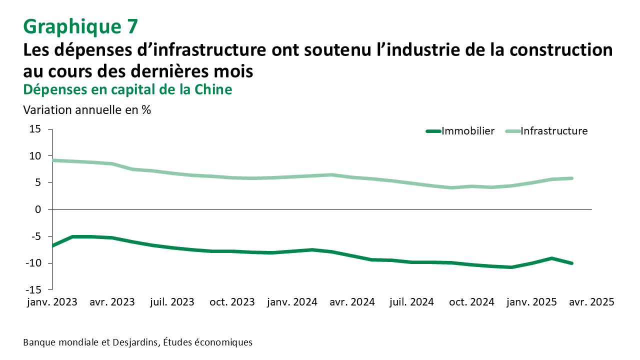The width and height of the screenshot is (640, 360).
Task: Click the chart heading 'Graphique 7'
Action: point(80,26)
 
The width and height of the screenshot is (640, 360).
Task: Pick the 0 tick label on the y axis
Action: point(37,209)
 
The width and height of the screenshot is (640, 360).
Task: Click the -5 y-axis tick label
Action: point(35,236)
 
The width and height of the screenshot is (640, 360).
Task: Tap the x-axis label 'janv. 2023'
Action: point(52,302)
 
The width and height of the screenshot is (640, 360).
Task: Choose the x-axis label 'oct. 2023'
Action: point(232,302)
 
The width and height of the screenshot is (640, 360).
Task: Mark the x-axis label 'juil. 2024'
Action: point(411,302)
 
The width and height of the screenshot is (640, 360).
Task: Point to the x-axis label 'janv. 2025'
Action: point(531,302)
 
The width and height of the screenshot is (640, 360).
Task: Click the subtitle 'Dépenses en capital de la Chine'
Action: point(127,89)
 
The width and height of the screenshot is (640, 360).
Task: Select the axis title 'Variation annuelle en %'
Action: point(87,109)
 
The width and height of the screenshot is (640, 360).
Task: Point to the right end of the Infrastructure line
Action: point(571,178)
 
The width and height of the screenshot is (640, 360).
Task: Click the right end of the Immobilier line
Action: point(571,263)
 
